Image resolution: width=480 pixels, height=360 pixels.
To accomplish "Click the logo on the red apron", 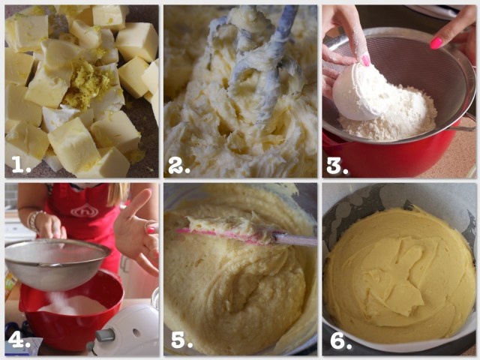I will pos(85,211).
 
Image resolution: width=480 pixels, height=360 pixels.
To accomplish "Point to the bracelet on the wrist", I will pos(34,220).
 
